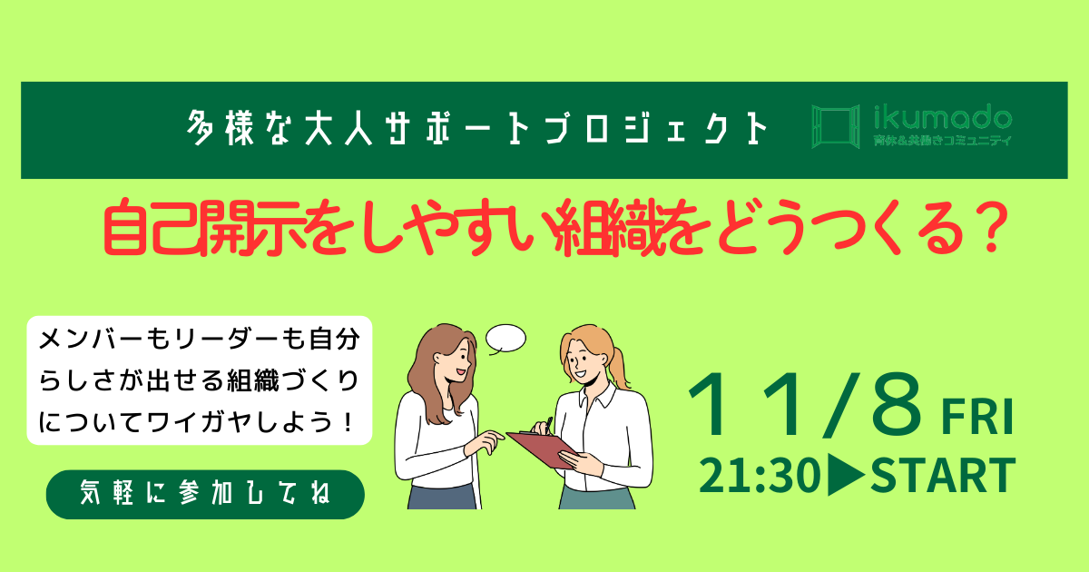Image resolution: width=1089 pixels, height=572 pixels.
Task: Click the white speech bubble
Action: (x=506, y=338)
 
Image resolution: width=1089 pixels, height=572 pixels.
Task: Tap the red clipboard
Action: (x=541, y=449)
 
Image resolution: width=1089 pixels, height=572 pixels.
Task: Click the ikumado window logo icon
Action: (x=835, y=126)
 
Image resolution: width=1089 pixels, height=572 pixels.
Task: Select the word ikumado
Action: (x=943, y=118)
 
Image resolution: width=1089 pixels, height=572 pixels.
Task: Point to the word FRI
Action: (x=977, y=417)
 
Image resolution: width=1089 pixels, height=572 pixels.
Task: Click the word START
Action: (x=943, y=475)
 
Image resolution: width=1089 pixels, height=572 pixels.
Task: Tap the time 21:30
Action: (x=760, y=476)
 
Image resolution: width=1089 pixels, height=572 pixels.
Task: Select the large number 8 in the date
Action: (x=897, y=404)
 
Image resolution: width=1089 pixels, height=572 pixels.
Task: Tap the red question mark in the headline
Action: (x=989, y=230)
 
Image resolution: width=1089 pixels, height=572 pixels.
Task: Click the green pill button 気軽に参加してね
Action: (x=205, y=494)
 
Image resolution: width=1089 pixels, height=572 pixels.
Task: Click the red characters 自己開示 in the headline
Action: (x=206, y=228)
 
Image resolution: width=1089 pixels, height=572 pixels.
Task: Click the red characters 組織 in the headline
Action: (x=612, y=228)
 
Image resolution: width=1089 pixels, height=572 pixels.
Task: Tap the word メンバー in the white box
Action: (x=93, y=340)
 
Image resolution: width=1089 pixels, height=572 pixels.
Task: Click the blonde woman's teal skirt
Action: (x=597, y=498)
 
